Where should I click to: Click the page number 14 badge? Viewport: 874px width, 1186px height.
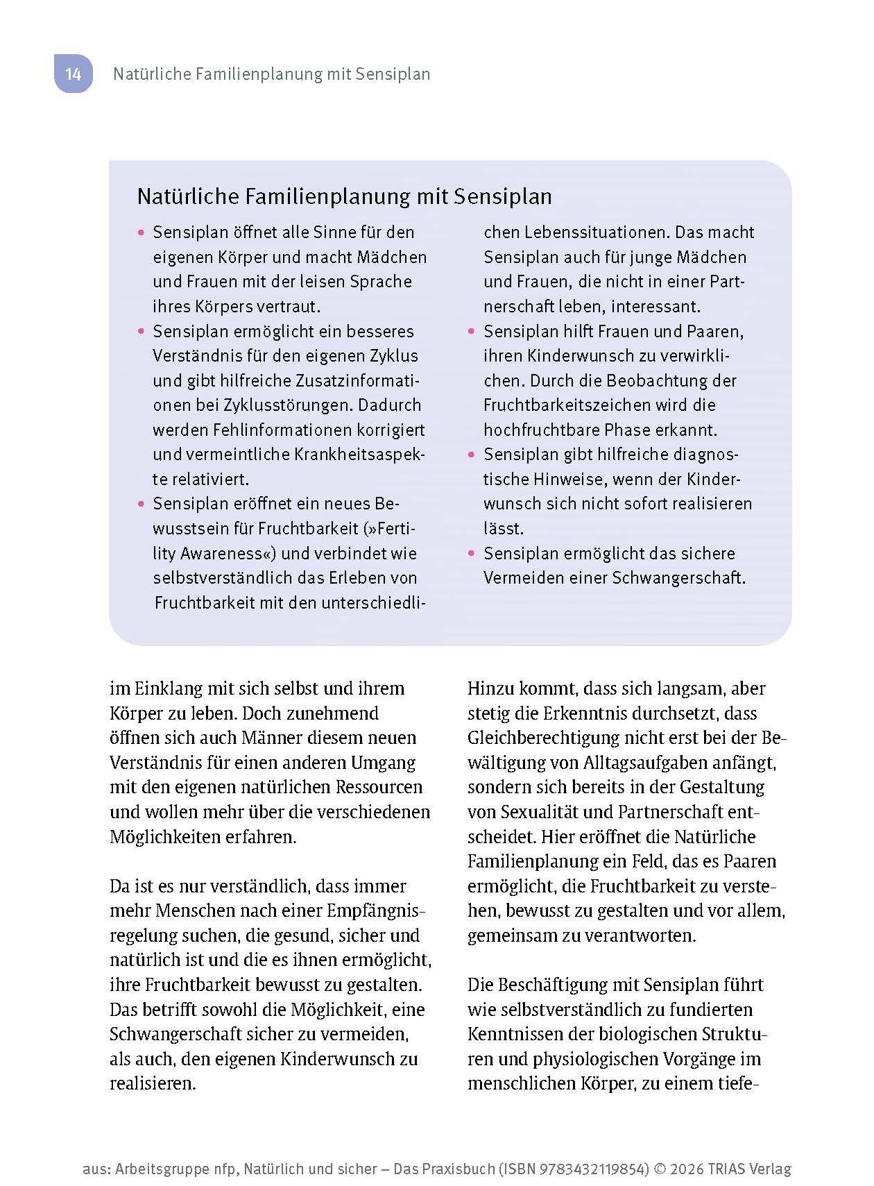[74, 74]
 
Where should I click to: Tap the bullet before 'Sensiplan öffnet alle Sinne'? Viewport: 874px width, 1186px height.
[142, 232]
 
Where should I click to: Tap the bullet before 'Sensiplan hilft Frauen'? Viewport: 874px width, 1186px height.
[472, 332]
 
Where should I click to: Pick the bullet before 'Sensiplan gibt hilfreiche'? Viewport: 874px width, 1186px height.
[472, 455]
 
